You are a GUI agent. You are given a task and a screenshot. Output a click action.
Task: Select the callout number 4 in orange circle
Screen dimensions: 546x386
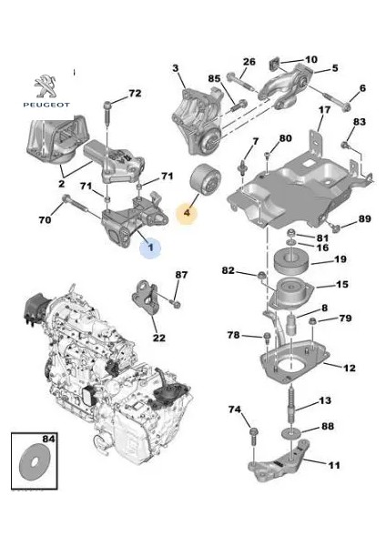188,215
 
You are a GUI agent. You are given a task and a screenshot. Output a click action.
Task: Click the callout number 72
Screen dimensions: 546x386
134,94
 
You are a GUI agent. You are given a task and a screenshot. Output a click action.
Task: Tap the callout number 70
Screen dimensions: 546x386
45,219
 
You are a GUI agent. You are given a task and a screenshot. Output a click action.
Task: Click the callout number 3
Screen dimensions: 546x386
178,66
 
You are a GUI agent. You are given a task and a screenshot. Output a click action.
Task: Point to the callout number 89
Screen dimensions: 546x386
363,218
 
